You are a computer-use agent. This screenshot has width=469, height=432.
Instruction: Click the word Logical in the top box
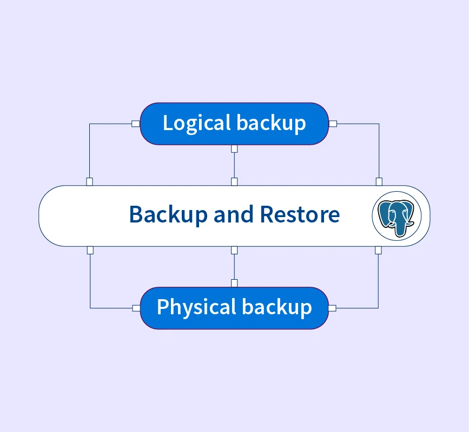click(x=197, y=123)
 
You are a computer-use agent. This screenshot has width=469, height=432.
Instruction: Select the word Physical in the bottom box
click(x=196, y=307)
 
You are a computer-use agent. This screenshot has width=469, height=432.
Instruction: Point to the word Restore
click(x=300, y=215)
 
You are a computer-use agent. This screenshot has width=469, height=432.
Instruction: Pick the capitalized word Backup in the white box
click(x=168, y=215)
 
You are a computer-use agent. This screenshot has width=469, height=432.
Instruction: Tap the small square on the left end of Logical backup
click(x=135, y=124)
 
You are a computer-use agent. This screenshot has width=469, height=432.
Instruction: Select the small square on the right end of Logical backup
click(x=333, y=124)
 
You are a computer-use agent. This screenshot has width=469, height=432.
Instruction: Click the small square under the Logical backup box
click(x=234, y=148)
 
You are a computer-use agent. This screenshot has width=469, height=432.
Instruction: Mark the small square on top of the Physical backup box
click(x=234, y=283)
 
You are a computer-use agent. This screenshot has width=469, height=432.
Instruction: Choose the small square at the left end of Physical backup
click(x=135, y=308)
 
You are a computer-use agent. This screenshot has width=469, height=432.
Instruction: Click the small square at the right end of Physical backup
click(x=333, y=308)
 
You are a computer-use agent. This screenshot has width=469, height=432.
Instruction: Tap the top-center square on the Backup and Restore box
click(x=234, y=182)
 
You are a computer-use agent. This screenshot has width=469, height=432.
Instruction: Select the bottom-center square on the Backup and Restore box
click(x=234, y=250)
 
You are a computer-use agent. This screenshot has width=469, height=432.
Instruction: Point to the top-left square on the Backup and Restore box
click(x=90, y=182)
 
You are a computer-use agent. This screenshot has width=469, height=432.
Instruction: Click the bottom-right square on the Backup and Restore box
click(x=378, y=250)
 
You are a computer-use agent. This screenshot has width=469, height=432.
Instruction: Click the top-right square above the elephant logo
click(x=379, y=182)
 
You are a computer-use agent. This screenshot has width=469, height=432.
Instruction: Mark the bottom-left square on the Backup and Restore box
click(x=90, y=250)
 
